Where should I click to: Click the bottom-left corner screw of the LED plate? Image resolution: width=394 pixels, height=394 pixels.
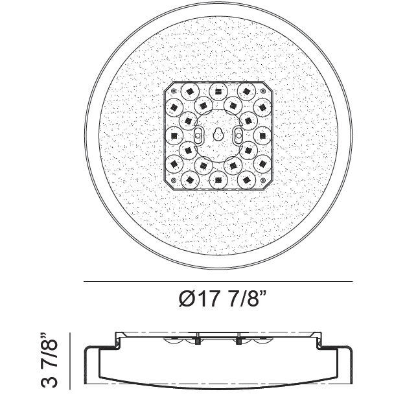tap(173, 179)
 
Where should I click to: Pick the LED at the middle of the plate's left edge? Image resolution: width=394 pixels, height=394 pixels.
tap(173, 134)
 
